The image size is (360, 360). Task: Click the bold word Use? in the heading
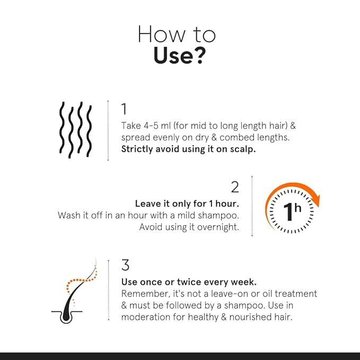point(178,56)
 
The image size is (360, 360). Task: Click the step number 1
point(124,109)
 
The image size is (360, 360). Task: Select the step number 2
point(235,187)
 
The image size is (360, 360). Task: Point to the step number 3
point(125,265)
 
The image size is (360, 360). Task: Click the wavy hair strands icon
point(75,130)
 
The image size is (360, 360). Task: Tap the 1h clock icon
point(292,208)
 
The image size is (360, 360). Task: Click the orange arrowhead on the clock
point(315,200)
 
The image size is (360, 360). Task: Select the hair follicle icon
point(74,291)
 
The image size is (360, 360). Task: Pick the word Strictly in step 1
point(137,150)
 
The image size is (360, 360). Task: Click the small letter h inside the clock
point(298,208)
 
